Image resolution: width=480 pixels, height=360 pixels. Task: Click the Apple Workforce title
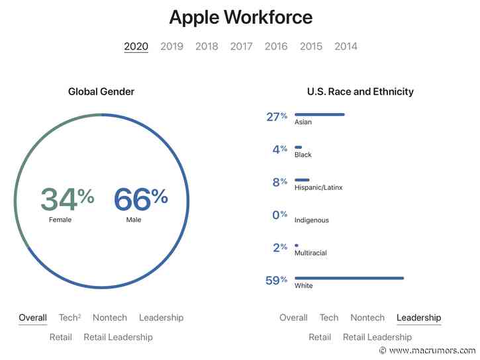240,17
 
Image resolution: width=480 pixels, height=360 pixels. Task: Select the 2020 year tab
136,46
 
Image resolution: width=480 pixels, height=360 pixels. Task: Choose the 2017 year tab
242,46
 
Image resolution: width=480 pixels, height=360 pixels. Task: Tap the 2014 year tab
346,46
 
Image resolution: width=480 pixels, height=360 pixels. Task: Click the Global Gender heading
101,91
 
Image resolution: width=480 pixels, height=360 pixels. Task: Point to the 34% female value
67,199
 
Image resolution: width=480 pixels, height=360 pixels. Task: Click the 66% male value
140,199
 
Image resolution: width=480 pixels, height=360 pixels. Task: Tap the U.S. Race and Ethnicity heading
360,91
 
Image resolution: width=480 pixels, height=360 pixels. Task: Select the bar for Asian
319,114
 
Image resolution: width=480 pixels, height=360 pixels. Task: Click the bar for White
349,278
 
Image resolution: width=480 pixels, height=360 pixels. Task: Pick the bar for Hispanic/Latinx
302,180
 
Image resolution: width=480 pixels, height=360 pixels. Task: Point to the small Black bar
298,147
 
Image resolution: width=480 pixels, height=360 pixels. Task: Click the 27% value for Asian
276,117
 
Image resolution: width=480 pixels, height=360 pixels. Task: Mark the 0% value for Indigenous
279,215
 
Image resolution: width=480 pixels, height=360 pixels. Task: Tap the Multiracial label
311,253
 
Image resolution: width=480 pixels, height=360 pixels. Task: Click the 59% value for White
276,281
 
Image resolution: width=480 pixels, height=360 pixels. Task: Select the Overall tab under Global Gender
32,318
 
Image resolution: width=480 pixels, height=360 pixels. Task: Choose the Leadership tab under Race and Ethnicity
418,318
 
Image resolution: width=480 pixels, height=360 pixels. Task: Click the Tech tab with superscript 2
70,318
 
